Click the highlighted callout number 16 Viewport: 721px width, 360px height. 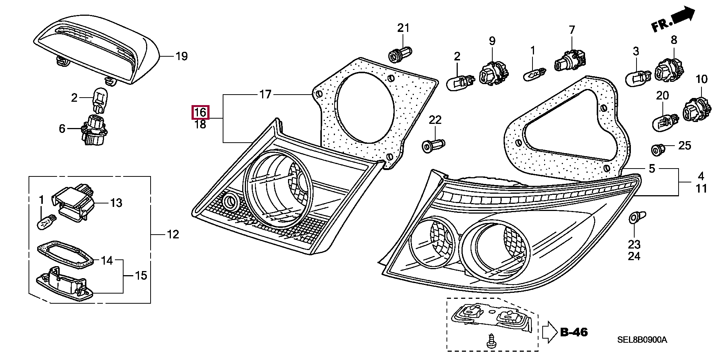coord(200,112)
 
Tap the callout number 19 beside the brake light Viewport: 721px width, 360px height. coord(181,57)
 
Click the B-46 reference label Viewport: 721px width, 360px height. coord(574,332)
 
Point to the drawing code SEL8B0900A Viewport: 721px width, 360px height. coord(642,340)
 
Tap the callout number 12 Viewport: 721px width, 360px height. coord(173,235)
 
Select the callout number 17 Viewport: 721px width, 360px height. coord(265,94)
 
